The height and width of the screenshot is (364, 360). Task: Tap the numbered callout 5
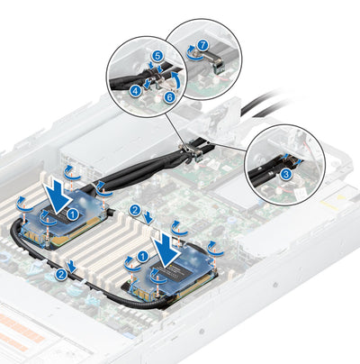click(156, 55)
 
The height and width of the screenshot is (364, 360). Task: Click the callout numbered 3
click(285, 172)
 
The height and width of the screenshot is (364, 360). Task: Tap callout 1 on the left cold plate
click(73, 214)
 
